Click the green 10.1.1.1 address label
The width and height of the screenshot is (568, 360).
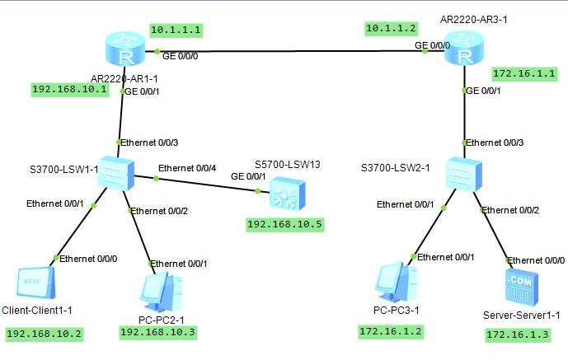pyautogui.click(x=176, y=29)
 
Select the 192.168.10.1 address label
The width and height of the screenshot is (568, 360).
pyautogui.click(x=70, y=89)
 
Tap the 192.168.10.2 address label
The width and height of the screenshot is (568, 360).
pyautogui.click(x=45, y=334)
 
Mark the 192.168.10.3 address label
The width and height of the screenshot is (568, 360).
pyautogui.click(x=159, y=332)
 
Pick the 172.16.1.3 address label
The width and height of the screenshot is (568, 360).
pyautogui.click(x=514, y=334)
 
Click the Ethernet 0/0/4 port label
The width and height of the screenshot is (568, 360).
pyautogui.click(x=186, y=167)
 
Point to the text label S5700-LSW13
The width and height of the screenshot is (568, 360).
pyautogui.click(x=287, y=164)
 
